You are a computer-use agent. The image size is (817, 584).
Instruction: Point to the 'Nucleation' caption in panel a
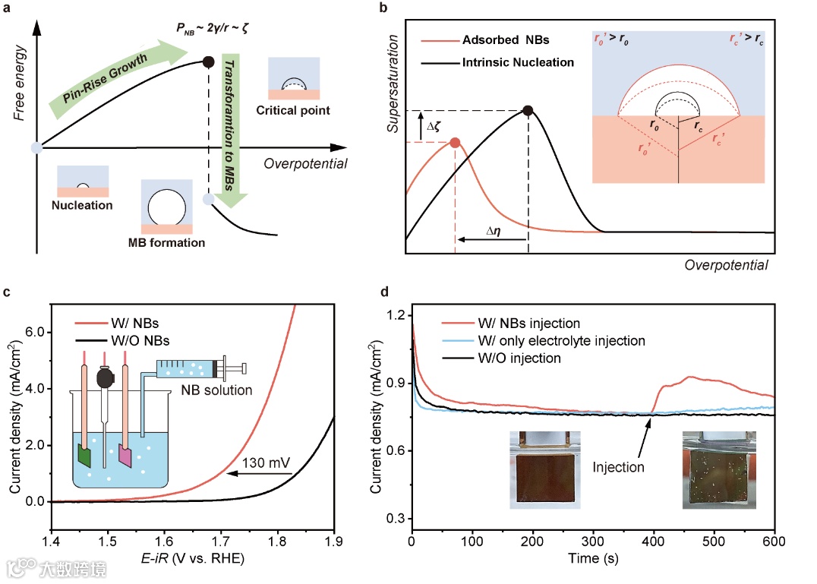click(x=82, y=205)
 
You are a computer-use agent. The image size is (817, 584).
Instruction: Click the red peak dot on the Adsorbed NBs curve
click(x=455, y=142)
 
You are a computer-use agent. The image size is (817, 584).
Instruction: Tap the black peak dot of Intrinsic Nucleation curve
click(x=528, y=111)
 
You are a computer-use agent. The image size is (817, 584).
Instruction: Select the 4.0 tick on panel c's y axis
click(x=35, y=389)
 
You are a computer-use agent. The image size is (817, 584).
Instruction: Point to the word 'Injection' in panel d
click(x=619, y=466)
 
